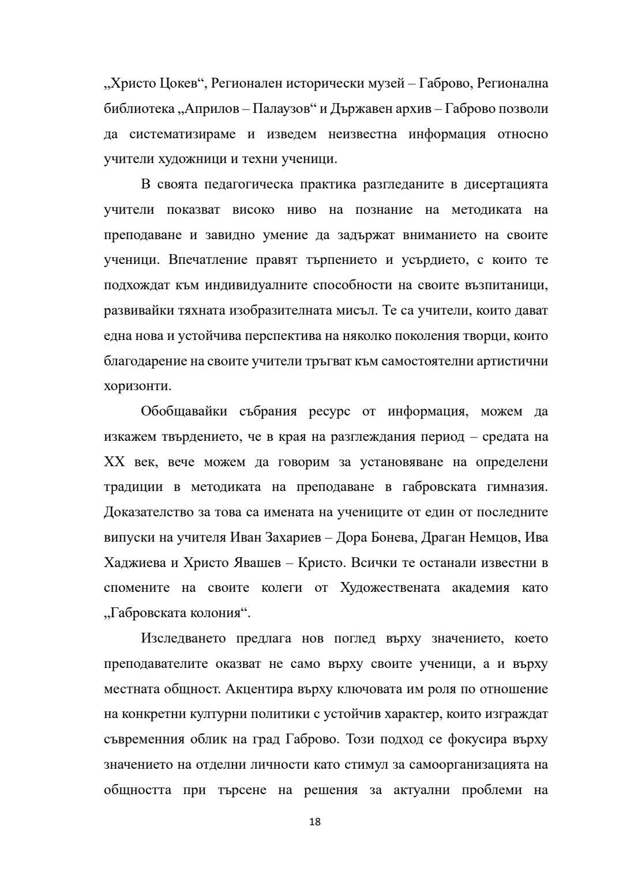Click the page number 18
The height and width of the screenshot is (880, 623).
tap(315, 822)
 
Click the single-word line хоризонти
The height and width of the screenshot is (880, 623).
tap(137, 386)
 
